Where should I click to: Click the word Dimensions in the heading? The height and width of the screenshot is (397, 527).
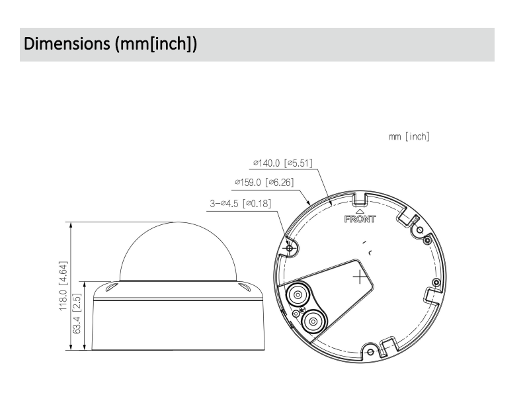63,44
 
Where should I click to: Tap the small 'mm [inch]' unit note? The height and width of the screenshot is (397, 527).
410,137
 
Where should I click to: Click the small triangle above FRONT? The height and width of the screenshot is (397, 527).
360,209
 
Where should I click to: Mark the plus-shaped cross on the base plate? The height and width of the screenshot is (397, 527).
360,276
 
